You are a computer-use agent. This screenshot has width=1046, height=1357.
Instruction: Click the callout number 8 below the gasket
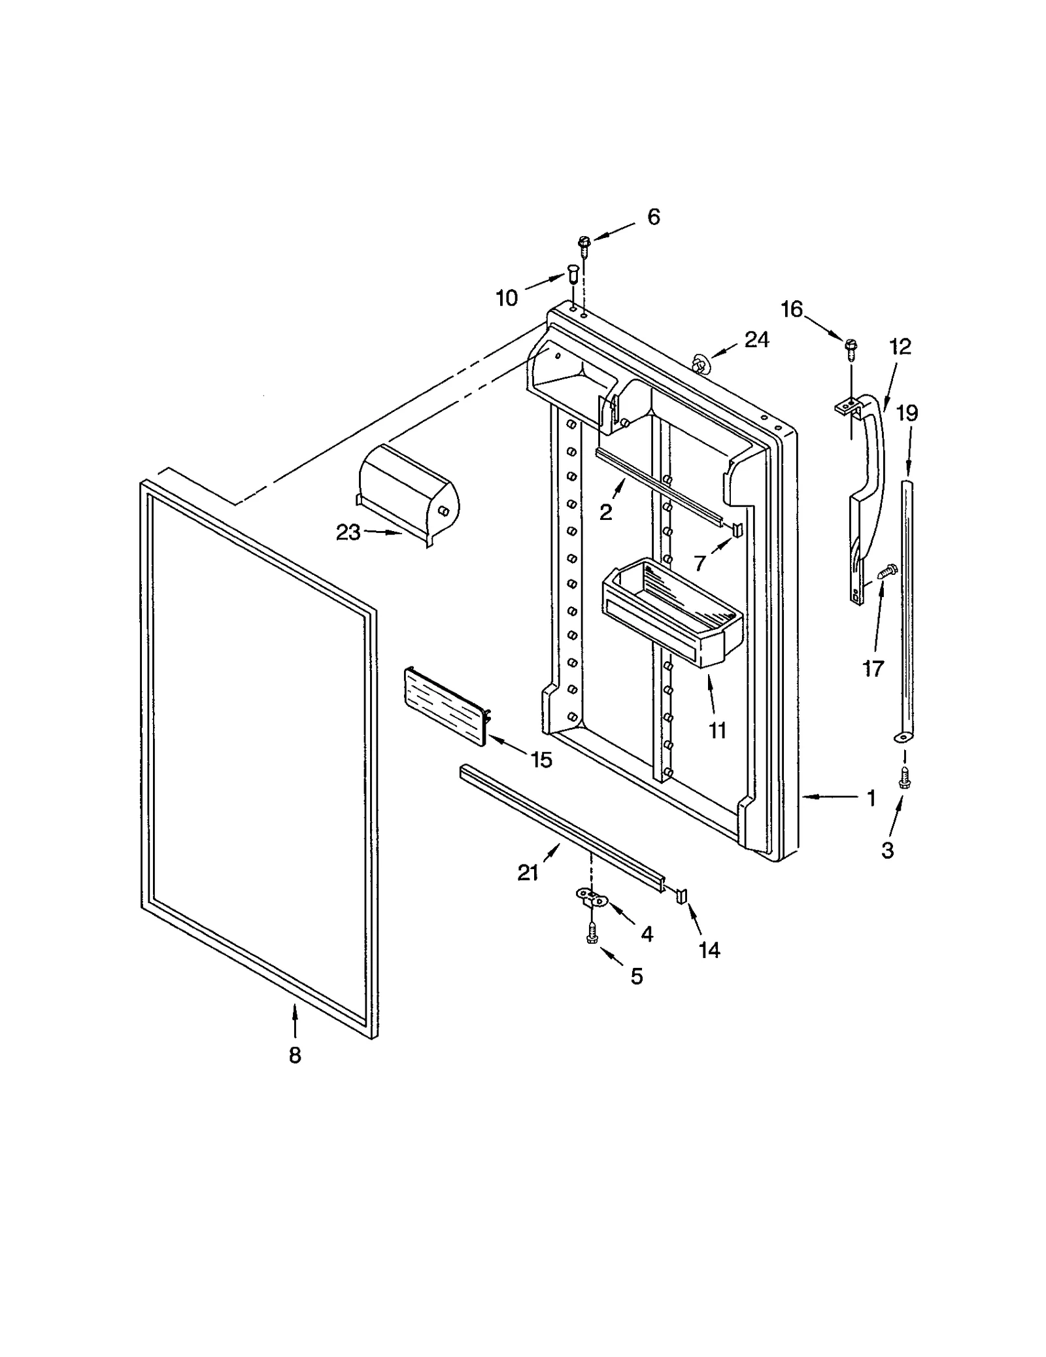[295, 1055]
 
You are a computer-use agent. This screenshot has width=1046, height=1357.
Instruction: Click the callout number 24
[756, 339]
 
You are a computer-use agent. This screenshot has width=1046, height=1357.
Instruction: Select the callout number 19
[907, 413]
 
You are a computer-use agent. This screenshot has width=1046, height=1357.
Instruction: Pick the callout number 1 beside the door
[871, 798]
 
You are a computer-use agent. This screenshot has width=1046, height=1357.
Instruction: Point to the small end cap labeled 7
[738, 529]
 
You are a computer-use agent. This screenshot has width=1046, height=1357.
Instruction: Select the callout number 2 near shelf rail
[605, 512]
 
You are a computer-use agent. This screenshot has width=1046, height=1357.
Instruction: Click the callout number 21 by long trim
[528, 872]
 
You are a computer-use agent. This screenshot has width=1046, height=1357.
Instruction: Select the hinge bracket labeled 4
[591, 897]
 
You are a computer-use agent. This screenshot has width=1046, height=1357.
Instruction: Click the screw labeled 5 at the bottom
[591, 933]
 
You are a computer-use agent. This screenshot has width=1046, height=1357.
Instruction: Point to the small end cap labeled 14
[681, 895]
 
